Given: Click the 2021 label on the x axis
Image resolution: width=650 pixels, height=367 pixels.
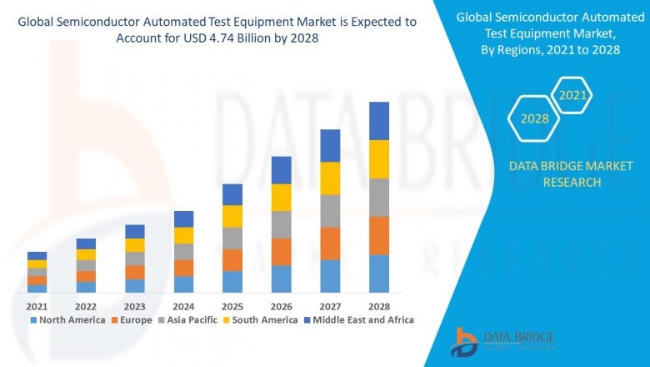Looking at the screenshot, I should (x=37, y=306).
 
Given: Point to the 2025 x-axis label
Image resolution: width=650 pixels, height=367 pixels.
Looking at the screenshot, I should (x=232, y=306).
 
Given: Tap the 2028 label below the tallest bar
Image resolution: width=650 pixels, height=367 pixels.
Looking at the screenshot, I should (x=379, y=306).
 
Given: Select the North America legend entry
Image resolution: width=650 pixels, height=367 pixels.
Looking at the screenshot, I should (x=67, y=319).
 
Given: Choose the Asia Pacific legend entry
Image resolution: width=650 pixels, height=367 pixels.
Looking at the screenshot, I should (x=187, y=319).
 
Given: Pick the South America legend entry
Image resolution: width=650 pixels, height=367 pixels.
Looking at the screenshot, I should (x=261, y=319).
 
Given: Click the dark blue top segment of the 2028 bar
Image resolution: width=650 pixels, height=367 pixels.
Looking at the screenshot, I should (x=379, y=121).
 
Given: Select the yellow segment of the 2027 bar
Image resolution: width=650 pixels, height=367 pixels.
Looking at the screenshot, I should (x=330, y=178).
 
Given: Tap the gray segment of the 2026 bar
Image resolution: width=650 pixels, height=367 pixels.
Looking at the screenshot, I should (x=282, y=224).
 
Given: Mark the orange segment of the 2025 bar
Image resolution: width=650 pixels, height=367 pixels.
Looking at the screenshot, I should (x=232, y=260).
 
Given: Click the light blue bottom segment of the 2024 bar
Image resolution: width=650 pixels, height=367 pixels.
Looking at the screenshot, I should (x=183, y=284).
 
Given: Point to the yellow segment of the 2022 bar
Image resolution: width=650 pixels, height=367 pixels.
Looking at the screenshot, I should (x=86, y=254).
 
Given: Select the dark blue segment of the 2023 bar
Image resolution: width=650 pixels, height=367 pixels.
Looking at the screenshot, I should (x=135, y=231).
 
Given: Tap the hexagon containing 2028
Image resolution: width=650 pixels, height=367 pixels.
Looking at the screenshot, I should (x=534, y=118).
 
